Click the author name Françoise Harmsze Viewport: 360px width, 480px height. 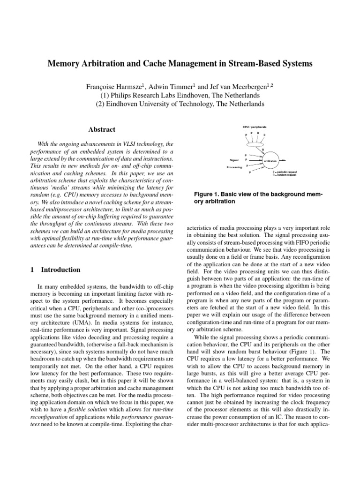click(116, 87)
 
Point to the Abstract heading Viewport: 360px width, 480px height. click(102, 129)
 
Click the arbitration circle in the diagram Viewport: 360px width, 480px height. click(270, 161)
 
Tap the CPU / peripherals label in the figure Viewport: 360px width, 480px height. click(255, 127)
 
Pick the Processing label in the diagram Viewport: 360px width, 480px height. click(234, 167)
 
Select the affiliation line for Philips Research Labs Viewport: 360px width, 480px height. click(180, 95)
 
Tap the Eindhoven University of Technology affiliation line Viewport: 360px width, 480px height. click(180, 104)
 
